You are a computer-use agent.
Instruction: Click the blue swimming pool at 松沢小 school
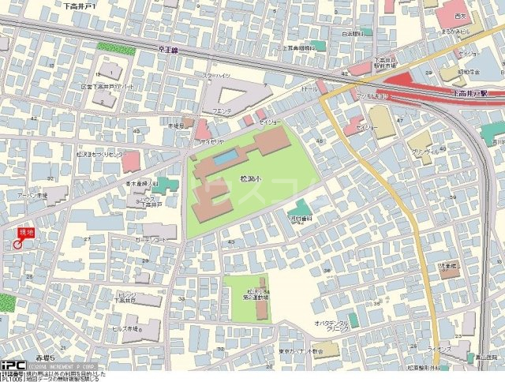coord(224,158)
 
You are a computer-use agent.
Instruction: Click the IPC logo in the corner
coord(12,365)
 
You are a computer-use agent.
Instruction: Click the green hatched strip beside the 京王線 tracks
coord(116,47)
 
